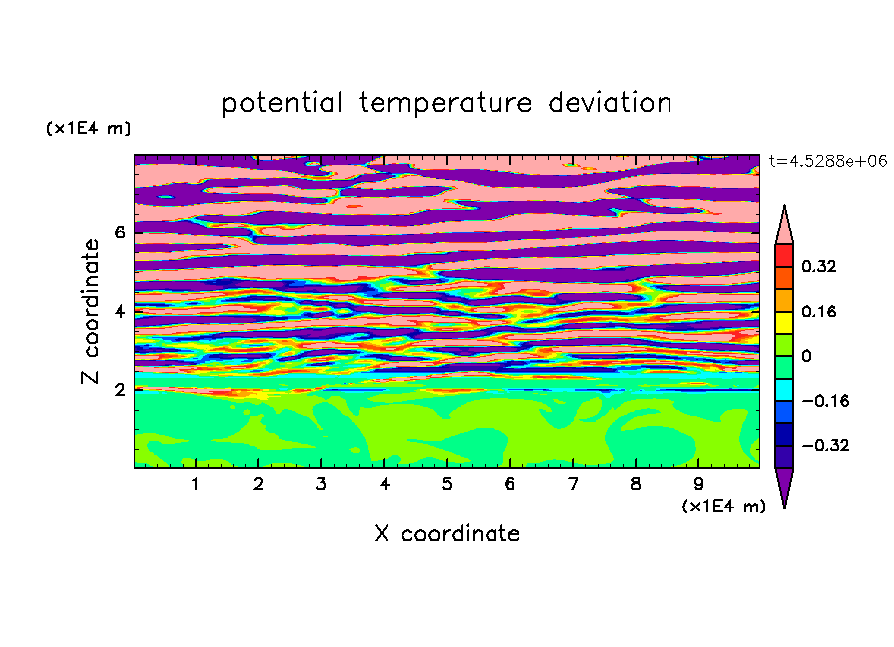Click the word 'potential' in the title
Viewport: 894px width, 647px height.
point(282,103)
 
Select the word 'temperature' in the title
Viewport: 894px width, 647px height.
point(445,103)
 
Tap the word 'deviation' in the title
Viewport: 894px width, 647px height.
point(609,102)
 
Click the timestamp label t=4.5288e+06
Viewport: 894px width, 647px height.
point(828,161)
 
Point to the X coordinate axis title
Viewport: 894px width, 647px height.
point(447,533)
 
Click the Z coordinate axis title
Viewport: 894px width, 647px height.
point(90,312)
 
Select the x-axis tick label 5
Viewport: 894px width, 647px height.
point(447,484)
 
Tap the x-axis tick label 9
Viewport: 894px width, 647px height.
point(698,484)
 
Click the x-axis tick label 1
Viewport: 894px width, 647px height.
point(196,484)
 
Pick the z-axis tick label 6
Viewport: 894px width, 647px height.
point(119,232)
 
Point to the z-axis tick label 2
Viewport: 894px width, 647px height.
point(119,390)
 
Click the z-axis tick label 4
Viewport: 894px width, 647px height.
point(119,311)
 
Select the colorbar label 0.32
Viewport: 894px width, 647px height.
point(818,266)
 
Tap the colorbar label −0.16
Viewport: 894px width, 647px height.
point(825,401)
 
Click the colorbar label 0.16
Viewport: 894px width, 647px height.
point(818,311)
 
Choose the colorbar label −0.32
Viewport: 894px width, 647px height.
point(825,445)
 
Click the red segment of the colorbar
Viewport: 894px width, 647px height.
point(784,255)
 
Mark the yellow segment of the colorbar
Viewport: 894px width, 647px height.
point(784,323)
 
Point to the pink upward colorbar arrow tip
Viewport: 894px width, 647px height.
point(784,206)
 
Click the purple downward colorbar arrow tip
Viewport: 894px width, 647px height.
point(784,508)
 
